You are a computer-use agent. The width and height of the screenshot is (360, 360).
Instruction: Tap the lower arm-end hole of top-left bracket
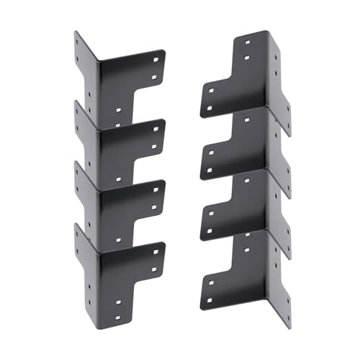coord(156,75)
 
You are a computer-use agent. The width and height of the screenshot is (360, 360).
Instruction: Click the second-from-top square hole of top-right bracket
coord(246,57)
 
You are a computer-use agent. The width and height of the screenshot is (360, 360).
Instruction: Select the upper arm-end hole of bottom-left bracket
coord(158,246)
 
